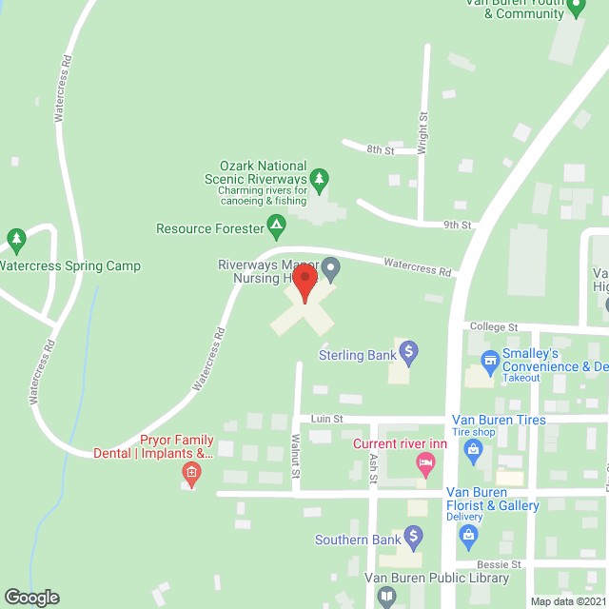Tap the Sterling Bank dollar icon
[409, 354]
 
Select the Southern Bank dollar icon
[413, 540]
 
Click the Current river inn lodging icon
[425, 465]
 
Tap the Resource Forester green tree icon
[276, 227]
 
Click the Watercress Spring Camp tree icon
[15, 238]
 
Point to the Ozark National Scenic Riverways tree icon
[320, 179]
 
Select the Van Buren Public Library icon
[386, 598]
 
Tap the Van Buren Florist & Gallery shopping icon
[468, 537]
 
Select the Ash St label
[372, 469]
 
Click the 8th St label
[381, 150]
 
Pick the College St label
[493, 326]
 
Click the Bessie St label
[501, 564]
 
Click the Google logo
[30, 598]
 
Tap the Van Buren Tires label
[499, 420]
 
